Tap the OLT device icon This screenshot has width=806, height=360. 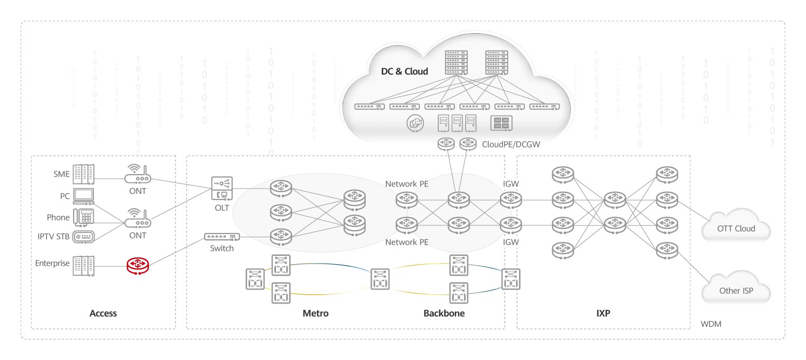[222, 188]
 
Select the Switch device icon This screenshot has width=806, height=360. [222, 237]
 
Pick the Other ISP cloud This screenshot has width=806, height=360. [736, 291]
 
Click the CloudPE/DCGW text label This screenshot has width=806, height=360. [511, 145]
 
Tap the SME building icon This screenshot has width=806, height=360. [84, 174]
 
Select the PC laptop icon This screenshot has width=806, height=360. [84, 196]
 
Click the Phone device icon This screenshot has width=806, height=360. [83, 217]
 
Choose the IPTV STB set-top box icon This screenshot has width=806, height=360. [84, 237]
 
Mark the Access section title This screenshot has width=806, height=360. [103, 313]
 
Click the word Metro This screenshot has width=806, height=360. [315, 313]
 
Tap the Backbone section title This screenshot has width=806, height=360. [444, 313]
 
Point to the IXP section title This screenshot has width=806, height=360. [603, 313]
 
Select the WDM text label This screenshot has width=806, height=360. [711, 324]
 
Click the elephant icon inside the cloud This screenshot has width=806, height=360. [414, 123]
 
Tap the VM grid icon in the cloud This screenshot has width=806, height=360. [501, 123]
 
